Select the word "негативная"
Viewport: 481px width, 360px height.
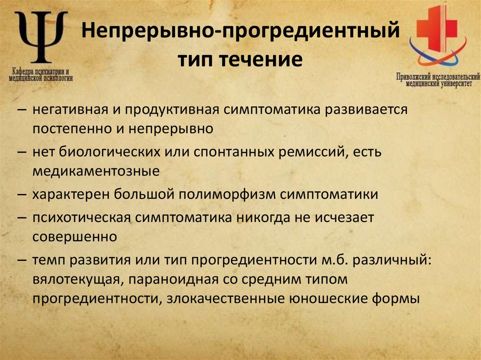(70, 109)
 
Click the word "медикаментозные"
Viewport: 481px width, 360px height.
(96, 171)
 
